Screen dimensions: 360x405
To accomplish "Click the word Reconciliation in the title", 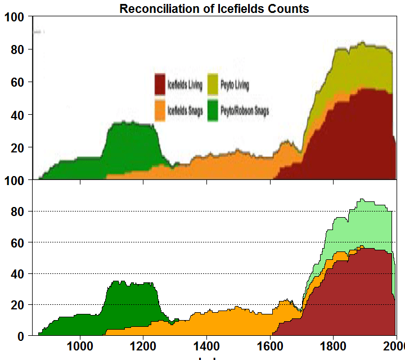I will tap(154, 8).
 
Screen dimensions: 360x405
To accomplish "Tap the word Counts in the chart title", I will tap(289, 8).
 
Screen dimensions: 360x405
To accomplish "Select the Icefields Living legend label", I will tap(184, 85).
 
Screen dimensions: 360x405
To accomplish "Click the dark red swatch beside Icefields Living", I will tap(160, 84).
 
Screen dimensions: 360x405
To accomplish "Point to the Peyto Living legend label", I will tap(235, 85).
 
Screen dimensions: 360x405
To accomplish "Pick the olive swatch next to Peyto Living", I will tap(213, 84).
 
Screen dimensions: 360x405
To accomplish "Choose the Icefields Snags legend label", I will tap(185, 111).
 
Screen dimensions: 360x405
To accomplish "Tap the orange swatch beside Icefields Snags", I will tap(160, 110).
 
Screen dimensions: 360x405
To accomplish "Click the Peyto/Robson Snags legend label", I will tap(245, 111).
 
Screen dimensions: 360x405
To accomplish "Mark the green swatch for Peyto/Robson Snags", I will tap(213, 110).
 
